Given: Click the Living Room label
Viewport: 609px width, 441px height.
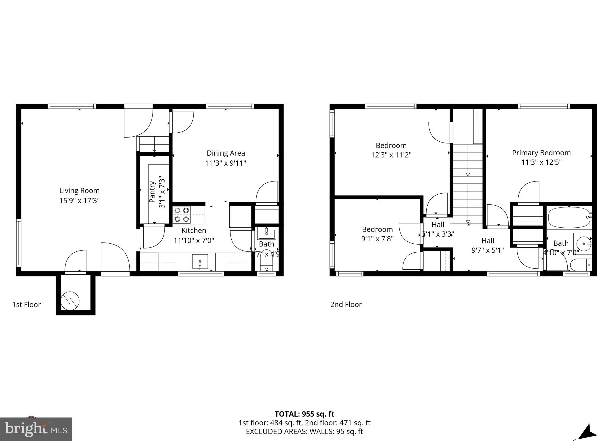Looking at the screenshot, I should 79,190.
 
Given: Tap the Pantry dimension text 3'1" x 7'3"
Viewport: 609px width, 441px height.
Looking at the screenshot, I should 162,192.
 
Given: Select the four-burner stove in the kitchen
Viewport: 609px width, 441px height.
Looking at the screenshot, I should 182,215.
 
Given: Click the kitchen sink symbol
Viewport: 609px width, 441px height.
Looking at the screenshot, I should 200,262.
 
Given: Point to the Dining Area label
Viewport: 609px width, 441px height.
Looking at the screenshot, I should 226,153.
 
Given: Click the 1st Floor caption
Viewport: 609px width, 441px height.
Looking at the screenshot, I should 26,304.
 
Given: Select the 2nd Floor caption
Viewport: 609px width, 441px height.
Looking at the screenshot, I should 346,304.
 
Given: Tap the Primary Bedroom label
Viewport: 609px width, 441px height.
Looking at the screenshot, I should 541,153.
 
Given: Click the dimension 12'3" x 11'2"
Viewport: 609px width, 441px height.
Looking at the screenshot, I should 391,155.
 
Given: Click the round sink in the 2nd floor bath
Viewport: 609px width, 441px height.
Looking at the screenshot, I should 583,244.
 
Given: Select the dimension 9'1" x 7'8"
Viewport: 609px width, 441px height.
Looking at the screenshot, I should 377,239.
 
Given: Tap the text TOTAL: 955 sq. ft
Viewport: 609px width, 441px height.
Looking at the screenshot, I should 304,414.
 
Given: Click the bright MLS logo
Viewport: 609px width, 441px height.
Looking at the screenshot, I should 36,429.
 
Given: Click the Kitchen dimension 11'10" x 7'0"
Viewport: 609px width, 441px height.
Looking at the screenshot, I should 194,240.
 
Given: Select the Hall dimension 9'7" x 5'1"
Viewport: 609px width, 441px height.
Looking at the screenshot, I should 488,250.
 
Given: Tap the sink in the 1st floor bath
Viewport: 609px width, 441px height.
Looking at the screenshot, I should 267,234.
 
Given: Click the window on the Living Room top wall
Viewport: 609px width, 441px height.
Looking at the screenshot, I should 71,106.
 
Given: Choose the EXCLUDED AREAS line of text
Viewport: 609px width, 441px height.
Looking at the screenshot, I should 304,431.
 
